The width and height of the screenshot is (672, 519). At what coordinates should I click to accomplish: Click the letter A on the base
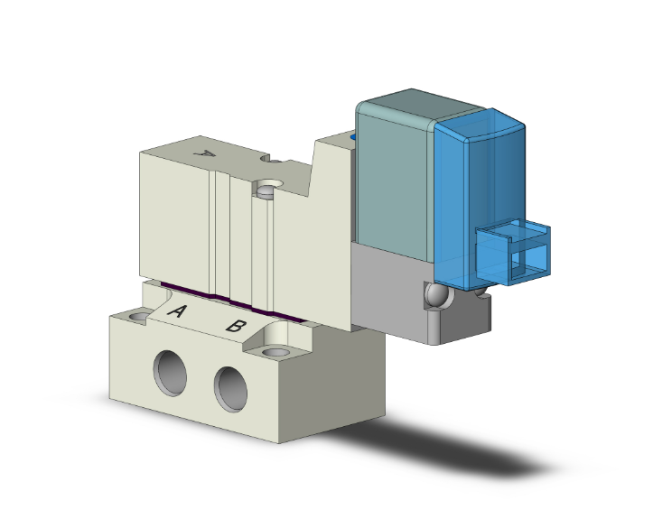(177, 313)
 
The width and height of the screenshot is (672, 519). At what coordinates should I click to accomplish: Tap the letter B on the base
(234, 325)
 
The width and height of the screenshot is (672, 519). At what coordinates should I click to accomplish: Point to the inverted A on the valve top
(207, 154)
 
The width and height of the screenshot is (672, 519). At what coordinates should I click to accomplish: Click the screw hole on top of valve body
(265, 190)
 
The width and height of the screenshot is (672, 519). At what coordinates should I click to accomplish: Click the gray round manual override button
(435, 295)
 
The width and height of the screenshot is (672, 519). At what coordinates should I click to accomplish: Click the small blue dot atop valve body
(353, 138)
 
